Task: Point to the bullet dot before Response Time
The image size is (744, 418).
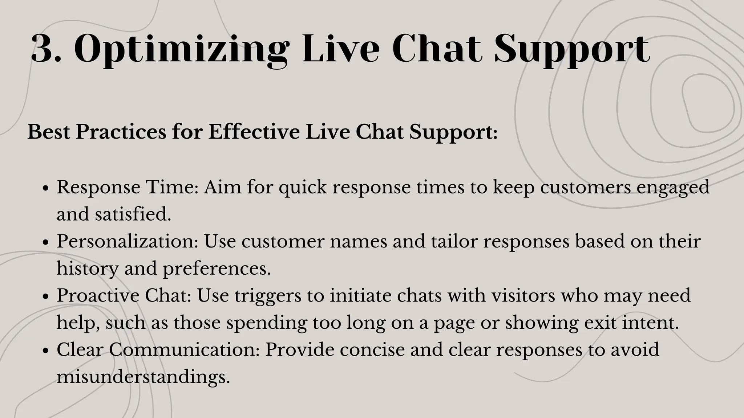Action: (x=45, y=189)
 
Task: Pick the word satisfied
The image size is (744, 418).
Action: (x=133, y=214)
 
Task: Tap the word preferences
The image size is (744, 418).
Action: (x=217, y=269)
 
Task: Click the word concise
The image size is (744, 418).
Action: (x=371, y=350)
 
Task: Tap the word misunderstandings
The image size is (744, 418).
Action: (x=143, y=377)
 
